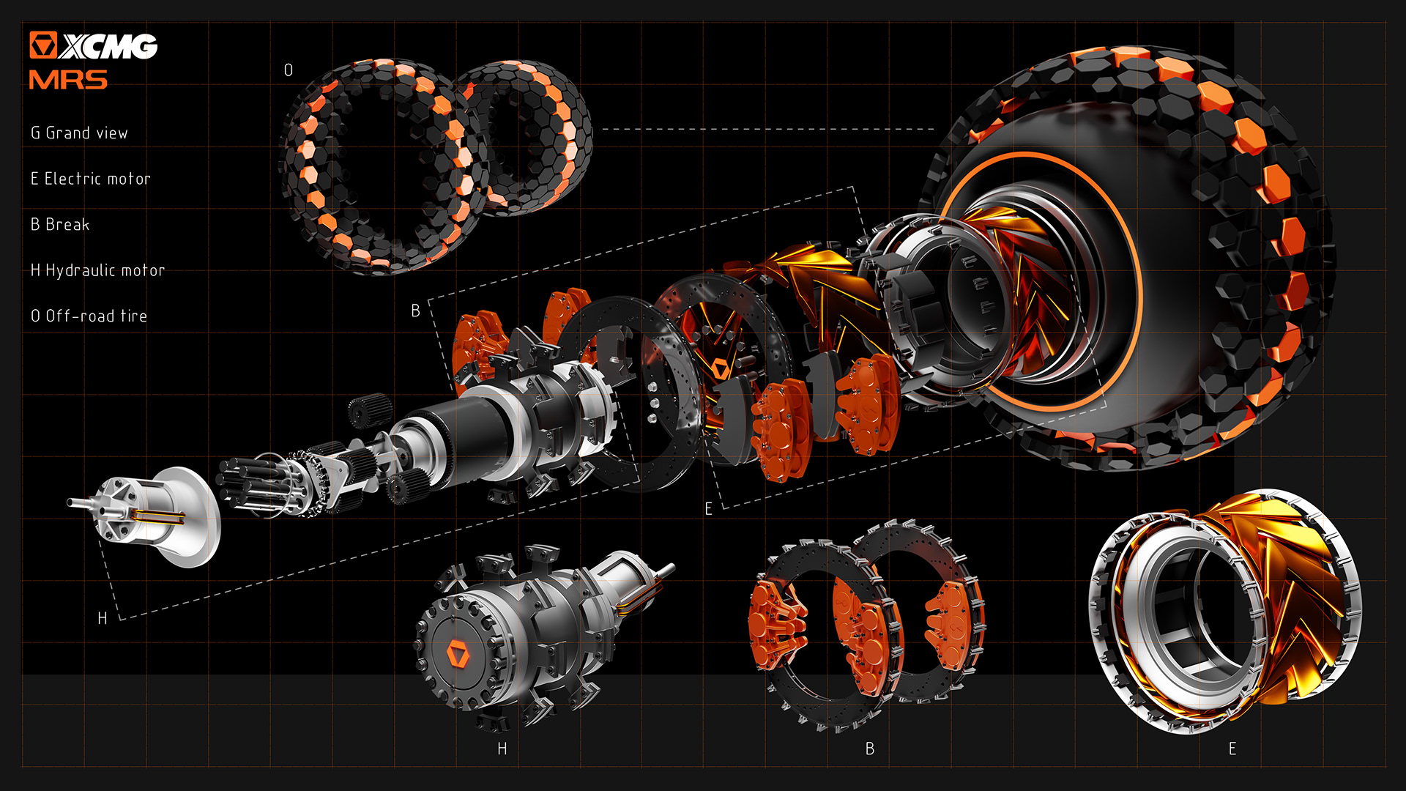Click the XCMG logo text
tap(108, 46)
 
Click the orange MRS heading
tap(68, 80)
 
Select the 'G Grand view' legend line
tap(79, 133)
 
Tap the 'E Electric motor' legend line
tap(90, 179)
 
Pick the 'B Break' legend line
tap(60, 225)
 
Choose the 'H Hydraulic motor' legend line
tap(97, 271)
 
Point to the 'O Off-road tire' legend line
tap(89, 316)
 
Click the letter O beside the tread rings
tap(289, 70)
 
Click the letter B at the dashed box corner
tap(415, 311)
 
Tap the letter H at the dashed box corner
tap(103, 619)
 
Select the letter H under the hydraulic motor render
tap(502, 749)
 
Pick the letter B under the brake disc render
tap(870, 749)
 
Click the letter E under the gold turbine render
tap(1232, 749)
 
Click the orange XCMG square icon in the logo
tap(42, 45)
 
